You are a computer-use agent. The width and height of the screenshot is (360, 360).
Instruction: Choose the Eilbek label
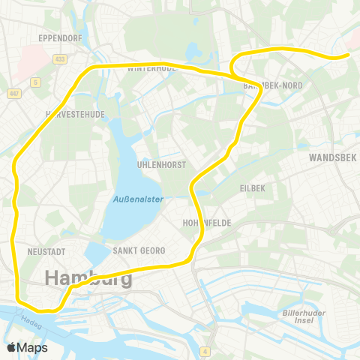[x=253, y=187]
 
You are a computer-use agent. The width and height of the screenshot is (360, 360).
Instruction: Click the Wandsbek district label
[x=331, y=158]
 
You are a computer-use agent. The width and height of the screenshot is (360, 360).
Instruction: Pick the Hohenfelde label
[x=205, y=223]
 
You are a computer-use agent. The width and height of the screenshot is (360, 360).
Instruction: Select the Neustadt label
[x=46, y=250]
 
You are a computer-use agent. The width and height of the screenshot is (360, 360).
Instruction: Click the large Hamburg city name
[x=88, y=278]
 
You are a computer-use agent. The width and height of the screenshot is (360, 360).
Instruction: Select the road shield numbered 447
[x=14, y=93]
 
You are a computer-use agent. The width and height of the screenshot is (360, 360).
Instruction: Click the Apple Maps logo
[x=27, y=348]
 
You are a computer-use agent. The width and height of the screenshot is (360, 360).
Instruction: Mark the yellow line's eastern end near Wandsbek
[x=348, y=55]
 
